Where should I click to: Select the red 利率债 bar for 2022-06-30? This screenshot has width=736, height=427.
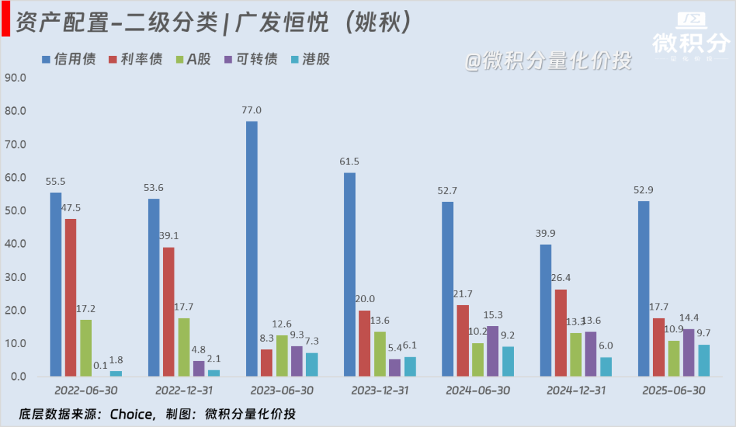71,297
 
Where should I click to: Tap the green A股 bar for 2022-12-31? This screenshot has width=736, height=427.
183,347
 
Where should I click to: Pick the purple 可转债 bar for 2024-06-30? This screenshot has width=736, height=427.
493,351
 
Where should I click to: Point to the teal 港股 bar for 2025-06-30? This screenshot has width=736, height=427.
704,360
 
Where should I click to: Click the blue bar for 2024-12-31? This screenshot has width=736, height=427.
546,310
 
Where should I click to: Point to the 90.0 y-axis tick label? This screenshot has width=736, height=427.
15,78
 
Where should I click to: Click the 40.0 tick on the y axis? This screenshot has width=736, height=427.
15,244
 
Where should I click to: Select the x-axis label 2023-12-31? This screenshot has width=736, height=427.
380,391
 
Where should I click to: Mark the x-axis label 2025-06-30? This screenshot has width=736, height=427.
674,391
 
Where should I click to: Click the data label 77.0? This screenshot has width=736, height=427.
251,110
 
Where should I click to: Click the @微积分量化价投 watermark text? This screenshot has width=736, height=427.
548,61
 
